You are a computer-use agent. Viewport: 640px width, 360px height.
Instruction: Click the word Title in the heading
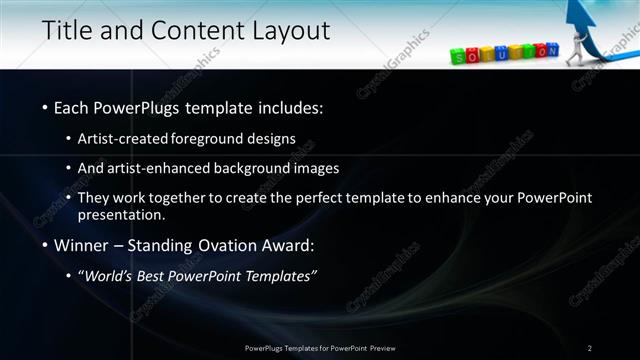coord(67,31)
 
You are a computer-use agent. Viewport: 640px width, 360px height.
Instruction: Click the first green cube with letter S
coord(459,58)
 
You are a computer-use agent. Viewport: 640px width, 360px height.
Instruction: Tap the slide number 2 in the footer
coord(590,347)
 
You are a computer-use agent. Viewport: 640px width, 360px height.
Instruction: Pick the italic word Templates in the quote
coord(277,276)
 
